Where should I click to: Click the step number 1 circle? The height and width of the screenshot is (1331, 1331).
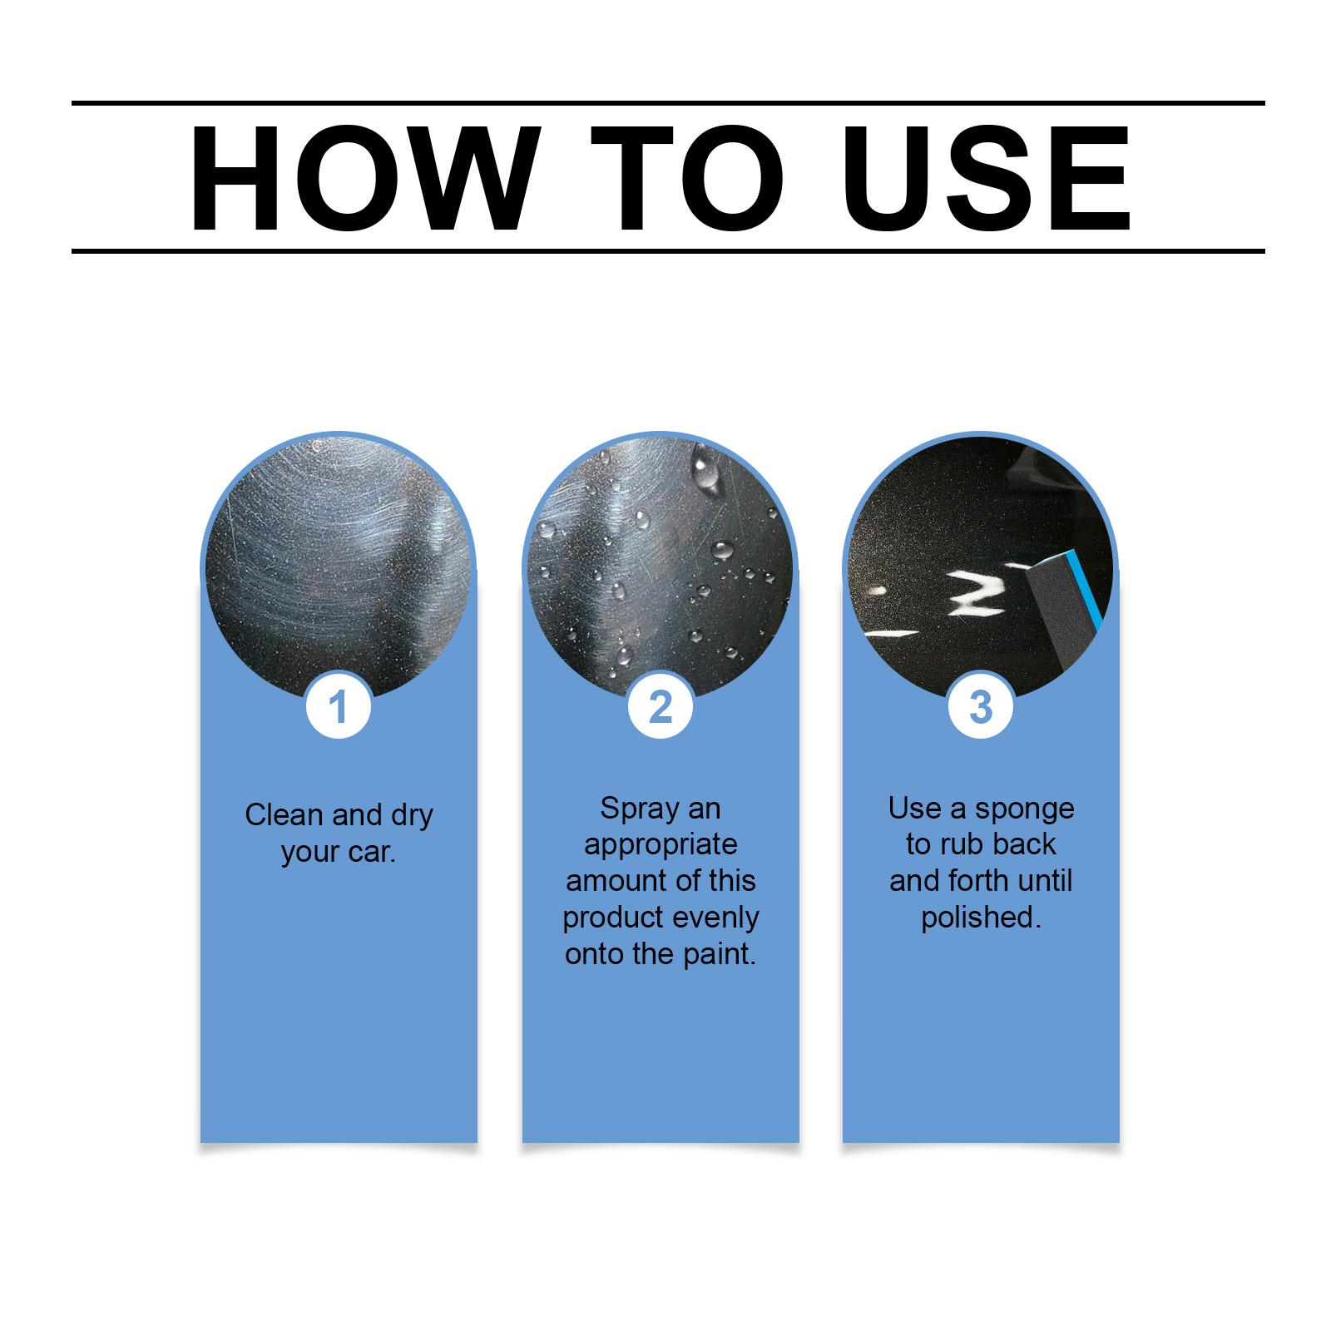(338, 707)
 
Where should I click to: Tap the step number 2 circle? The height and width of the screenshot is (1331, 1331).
(660, 707)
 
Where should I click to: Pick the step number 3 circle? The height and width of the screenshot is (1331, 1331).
(981, 707)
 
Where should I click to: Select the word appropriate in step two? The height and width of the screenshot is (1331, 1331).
(661, 846)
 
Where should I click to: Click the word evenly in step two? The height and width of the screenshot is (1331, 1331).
(715, 918)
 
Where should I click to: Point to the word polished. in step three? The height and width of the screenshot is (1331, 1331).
(981, 918)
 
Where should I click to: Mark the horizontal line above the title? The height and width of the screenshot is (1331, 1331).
(668, 103)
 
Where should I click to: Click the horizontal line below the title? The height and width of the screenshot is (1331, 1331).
(668, 250)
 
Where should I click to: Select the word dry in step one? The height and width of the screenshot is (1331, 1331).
(412, 816)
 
